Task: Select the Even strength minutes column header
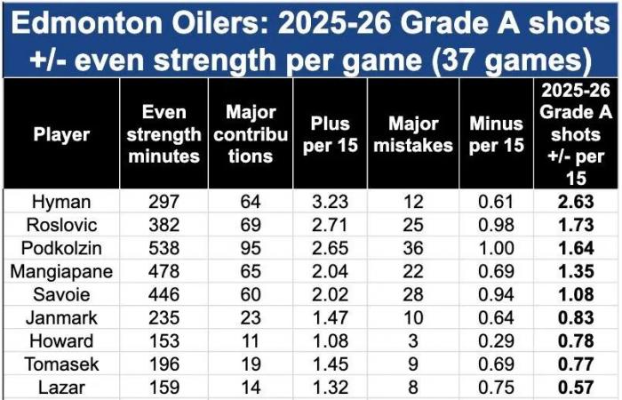pos(171,135)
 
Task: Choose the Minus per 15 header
pos(495,135)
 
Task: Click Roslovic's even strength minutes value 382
pos(171,225)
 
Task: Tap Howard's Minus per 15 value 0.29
pos(495,341)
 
